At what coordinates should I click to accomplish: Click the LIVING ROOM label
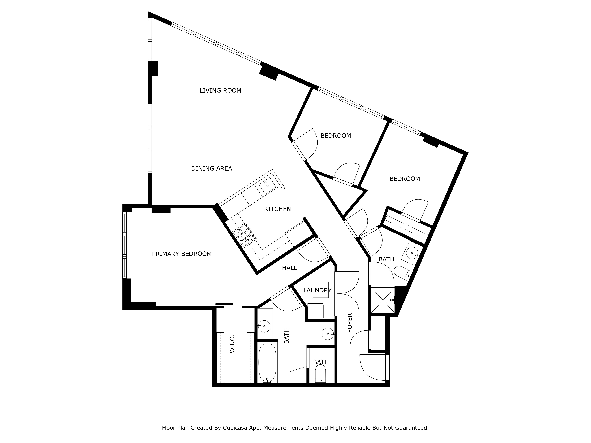220,91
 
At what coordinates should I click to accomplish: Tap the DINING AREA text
212,168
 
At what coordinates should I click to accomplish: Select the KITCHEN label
277,209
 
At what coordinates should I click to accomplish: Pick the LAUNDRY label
317,290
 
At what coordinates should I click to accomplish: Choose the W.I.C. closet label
232,344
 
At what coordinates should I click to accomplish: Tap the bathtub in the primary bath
267,363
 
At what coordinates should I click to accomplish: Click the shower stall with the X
383,300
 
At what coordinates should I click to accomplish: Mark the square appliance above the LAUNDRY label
321,290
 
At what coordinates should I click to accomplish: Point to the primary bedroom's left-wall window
125,245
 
